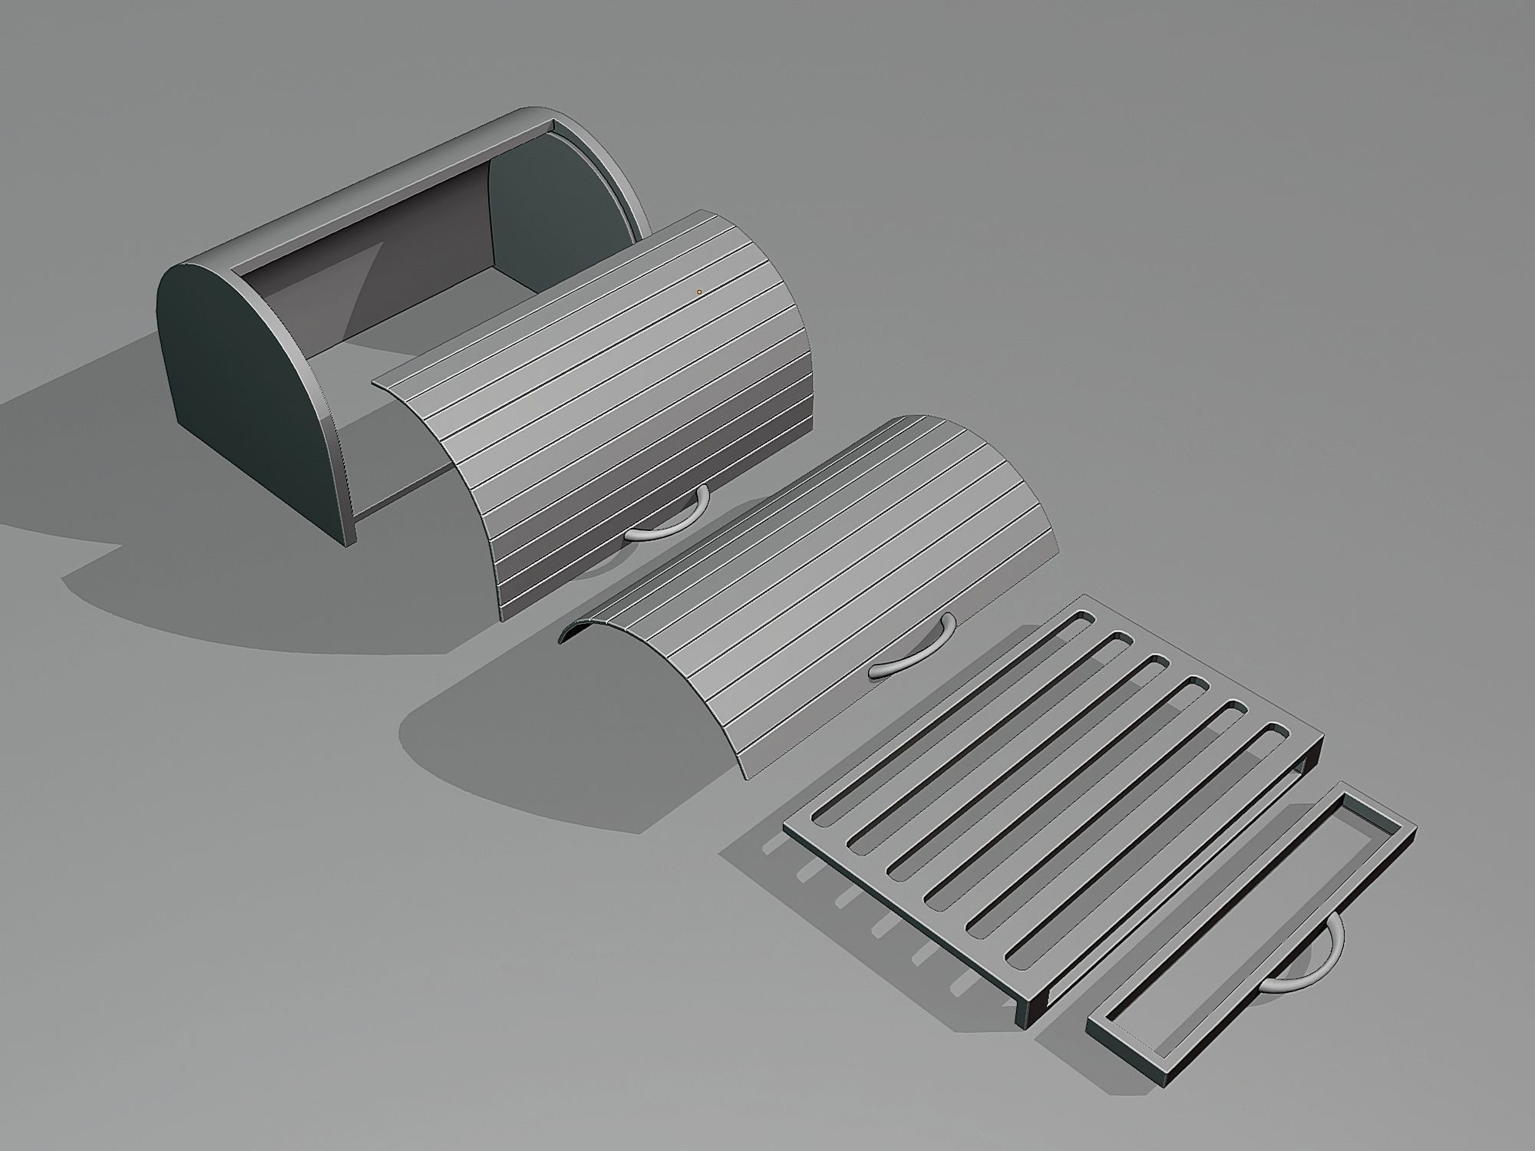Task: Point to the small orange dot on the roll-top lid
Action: click(x=698, y=292)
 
